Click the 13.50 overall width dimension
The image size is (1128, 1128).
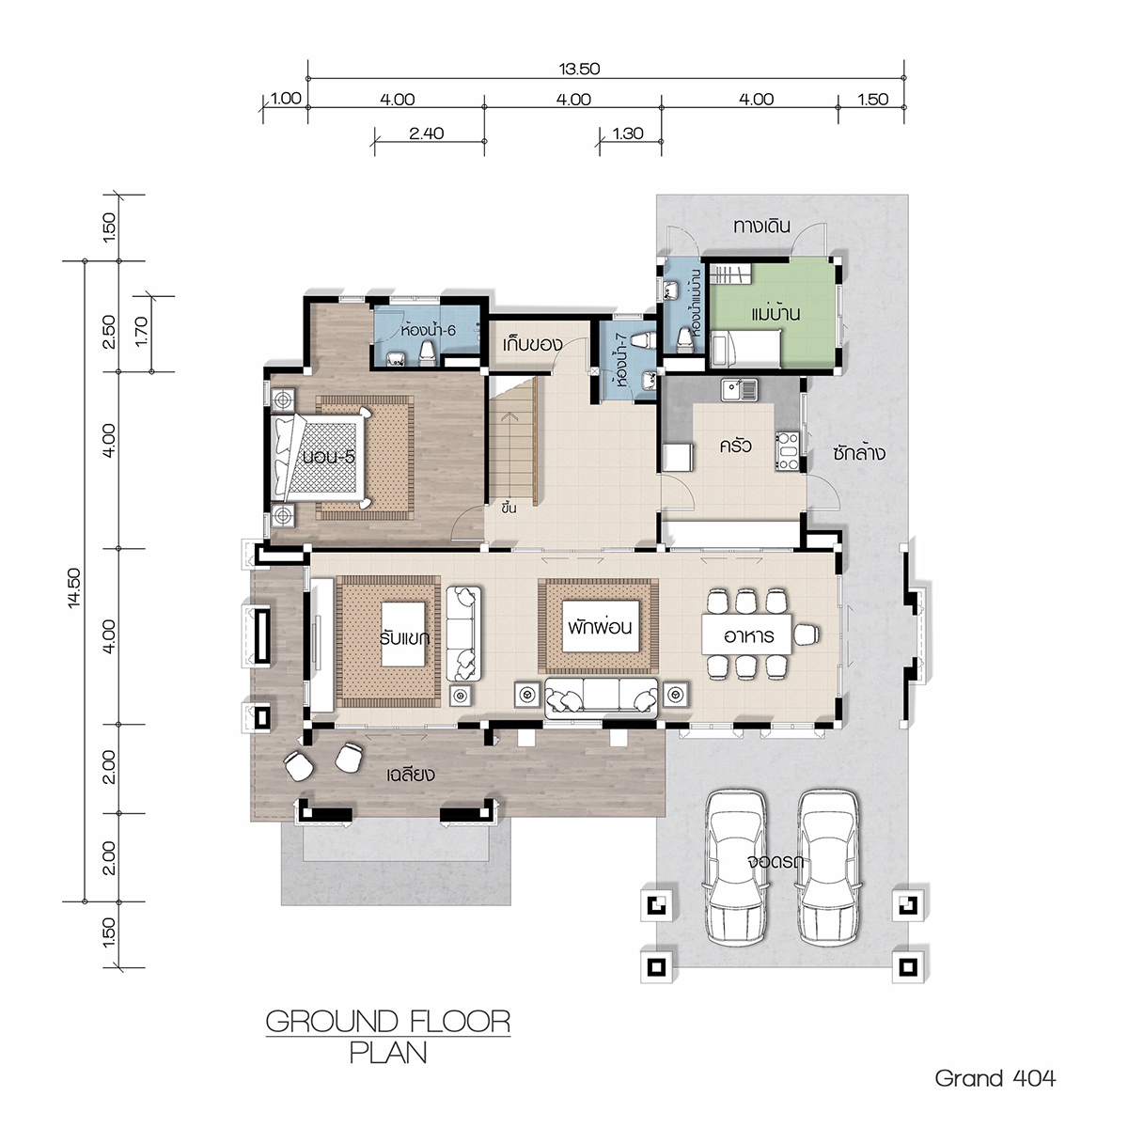[x=580, y=69]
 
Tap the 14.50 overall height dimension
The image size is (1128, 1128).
[x=74, y=587]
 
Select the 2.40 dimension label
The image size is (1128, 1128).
[x=426, y=133]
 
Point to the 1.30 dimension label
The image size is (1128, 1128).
[x=628, y=133]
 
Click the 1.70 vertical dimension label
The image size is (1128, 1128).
[x=142, y=331]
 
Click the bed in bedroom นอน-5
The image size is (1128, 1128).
[x=321, y=457]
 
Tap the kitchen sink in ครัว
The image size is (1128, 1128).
[x=739, y=389]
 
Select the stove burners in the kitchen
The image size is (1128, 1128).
[x=788, y=451]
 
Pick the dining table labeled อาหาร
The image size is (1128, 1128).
[x=747, y=634]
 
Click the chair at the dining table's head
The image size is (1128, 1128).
[x=806, y=634]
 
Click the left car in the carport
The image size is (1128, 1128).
[x=735, y=868]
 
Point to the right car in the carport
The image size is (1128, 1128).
[x=828, y=868]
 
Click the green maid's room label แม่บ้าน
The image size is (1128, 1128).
[x=775, y=313]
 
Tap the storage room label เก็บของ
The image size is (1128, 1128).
[x=532, y=344]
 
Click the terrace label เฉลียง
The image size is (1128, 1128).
[x=411, y=774]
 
